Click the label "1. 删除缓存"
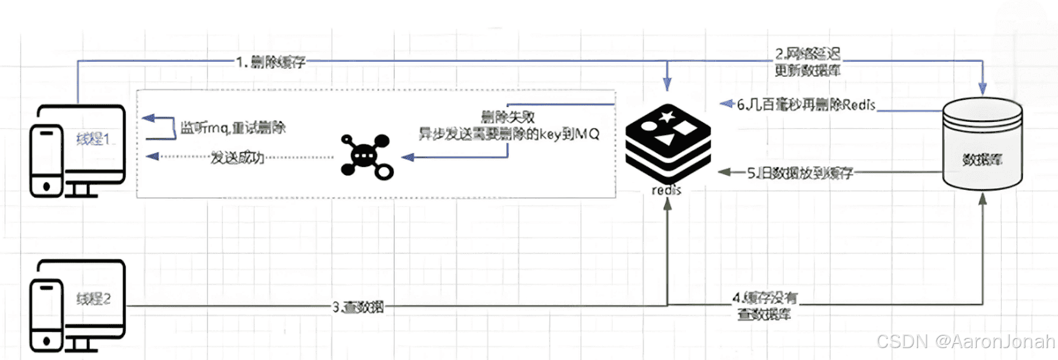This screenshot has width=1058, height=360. pyautogui.click(x=271, y=62)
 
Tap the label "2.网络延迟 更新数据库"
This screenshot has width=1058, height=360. pyautogui.click(x=807, y=62)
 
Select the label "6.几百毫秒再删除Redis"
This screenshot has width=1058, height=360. pyautogui.click(x=806, y=105)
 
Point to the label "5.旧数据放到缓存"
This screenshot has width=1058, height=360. pyautogui.click(x=800, y=173)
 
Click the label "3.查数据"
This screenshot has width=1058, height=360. pyautogui.click(x=358, y=307)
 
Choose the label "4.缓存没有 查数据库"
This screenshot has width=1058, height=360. pyautogui.click(x=764, y=306)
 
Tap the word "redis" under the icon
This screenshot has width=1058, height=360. pyautogui.click(x=666, y=190)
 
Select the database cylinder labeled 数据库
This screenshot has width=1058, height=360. pyautogui.click(x=982, y=146)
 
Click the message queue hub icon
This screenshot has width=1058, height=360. pyautogui.click(x=366, y=156)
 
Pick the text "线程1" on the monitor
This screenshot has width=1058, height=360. pyautogui.click(x=92, y=139)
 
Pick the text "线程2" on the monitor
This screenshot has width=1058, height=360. pyautogui.click(x=93, y=299)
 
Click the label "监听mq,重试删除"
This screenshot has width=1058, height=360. pyautogui.click(x=232, y=128)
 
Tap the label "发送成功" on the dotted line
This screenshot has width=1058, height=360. pyautogui.click(x=237, y=157)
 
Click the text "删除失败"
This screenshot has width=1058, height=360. pyautogui.click(x=507, y=117)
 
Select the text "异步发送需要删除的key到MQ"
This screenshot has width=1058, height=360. pyautogui.click(x=509, y=134)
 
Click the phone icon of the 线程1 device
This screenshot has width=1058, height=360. pyautogui.click(x=46, y=161)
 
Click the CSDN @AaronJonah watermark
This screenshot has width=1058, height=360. pyautogui.click(x=965, y=341)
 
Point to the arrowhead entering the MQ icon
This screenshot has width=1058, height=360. pyautogui.click(x=408, y=157)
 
